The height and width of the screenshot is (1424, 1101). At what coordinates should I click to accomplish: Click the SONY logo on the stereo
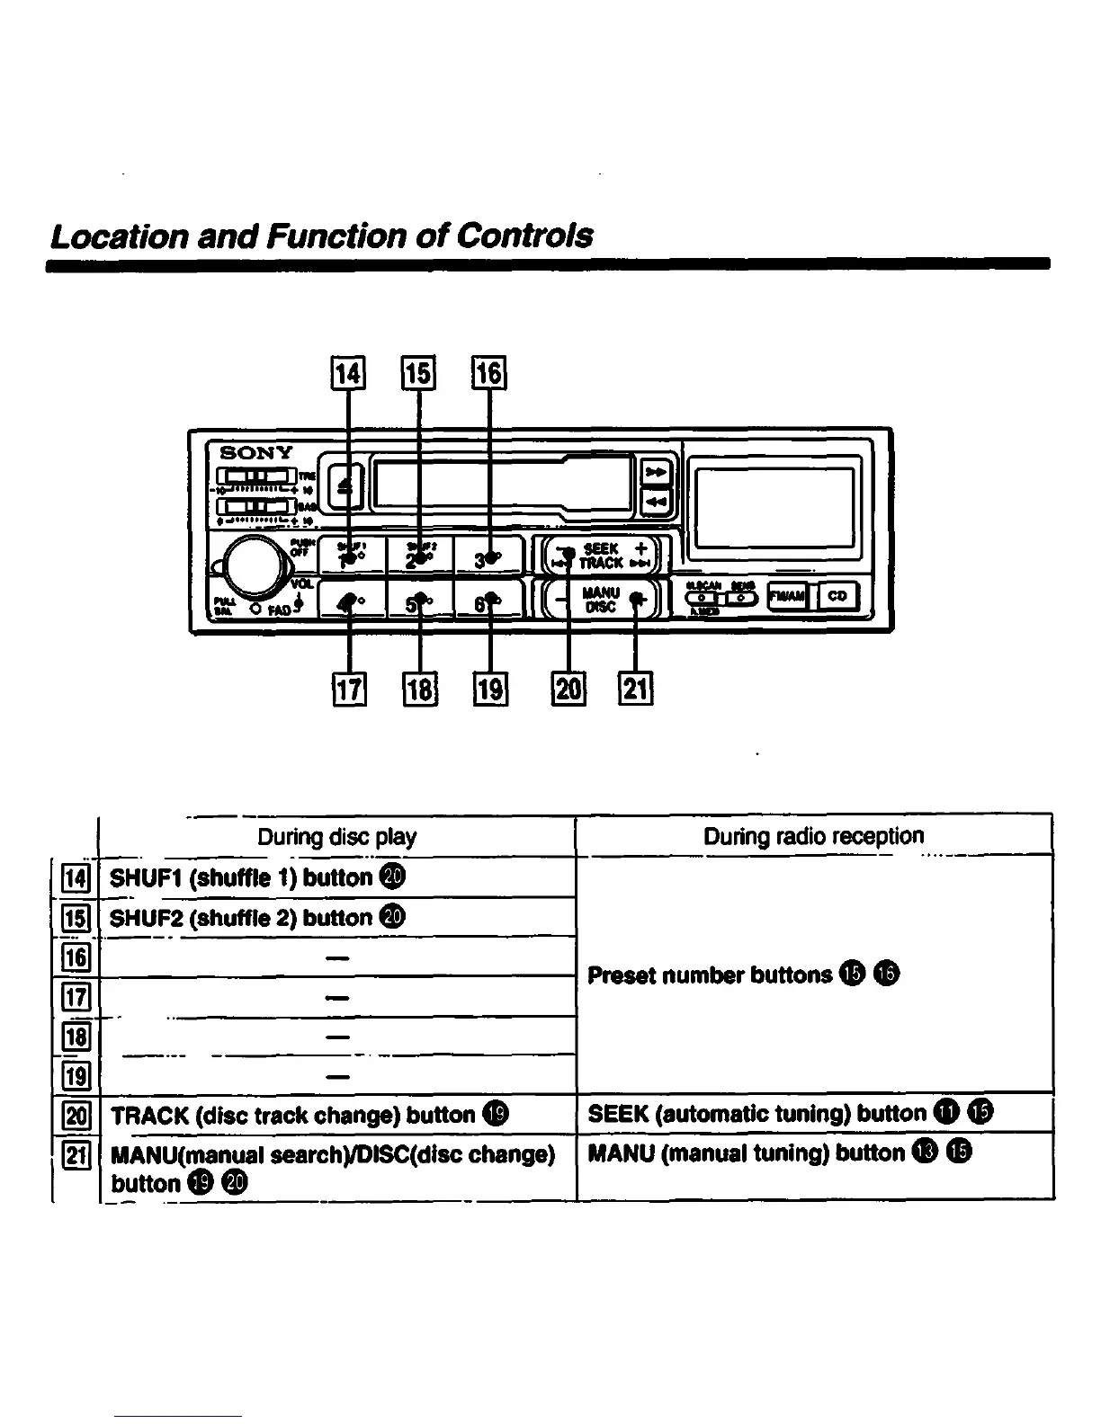pos(257,452)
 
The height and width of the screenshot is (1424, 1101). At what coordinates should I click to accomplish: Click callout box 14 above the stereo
pos(348,372)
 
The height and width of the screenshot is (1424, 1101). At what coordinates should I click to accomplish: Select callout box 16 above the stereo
pos(489,372)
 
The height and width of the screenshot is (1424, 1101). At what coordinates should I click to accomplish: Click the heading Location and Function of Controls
pos(322,236)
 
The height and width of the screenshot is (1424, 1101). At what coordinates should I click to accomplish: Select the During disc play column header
pos(336,837)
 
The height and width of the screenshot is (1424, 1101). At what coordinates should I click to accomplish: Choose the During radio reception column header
pos(813,836)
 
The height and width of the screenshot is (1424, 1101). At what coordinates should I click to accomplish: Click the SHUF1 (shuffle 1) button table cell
pos(256,877)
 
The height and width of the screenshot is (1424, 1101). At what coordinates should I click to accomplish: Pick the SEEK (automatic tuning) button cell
pos(790,1114)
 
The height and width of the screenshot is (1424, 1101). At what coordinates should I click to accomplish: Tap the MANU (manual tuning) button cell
pos(779,1153)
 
